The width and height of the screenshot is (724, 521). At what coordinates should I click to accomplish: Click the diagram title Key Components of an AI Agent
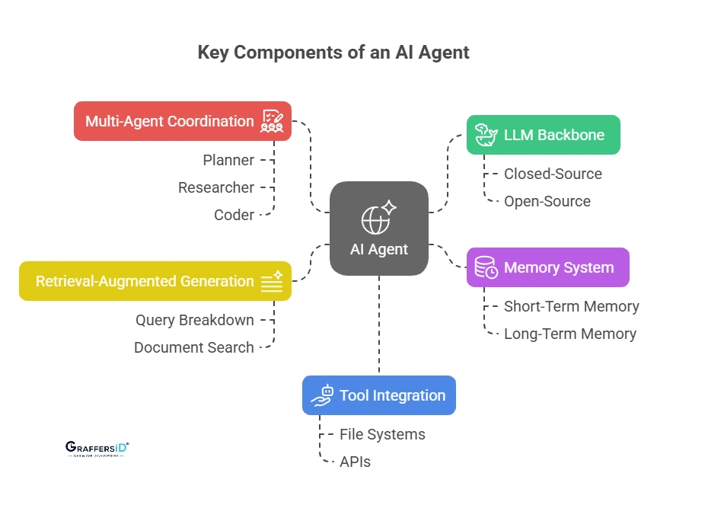coord(333,53)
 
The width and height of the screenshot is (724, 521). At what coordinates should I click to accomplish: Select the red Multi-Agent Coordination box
coord(183,121)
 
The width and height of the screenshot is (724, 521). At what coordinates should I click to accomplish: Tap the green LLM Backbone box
coord(543,135)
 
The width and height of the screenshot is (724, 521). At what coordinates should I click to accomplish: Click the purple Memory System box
coord(547,267)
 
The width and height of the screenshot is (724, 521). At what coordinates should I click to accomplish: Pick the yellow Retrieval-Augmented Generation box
coord(155,281)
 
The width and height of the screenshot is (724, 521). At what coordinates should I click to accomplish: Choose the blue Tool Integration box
coord(378,395)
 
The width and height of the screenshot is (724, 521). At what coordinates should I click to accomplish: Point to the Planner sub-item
coord(228,160)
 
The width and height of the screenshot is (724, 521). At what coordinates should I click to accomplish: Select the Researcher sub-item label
coord(216,187)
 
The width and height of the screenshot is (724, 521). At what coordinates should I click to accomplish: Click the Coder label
coord(234,215)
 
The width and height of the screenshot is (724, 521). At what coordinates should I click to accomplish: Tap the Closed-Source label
coord(553,174)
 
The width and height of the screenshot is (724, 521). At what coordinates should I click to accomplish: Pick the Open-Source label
coord(547,201)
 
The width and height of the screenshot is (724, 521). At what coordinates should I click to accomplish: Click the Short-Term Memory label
coord(571,306)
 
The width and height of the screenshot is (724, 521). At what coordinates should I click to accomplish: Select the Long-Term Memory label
coord(569,334)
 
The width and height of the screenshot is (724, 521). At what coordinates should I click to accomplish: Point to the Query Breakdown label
coord(195,320)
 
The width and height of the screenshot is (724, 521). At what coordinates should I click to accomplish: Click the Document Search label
coord(194,347)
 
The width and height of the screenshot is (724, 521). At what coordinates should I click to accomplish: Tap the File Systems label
coord(382,434)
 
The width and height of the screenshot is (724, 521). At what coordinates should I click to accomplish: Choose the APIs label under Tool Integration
coord(355,462)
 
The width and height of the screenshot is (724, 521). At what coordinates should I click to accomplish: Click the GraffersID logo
coord(97,449)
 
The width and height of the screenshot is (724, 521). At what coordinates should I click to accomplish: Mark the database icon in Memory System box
coord(486,267)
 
